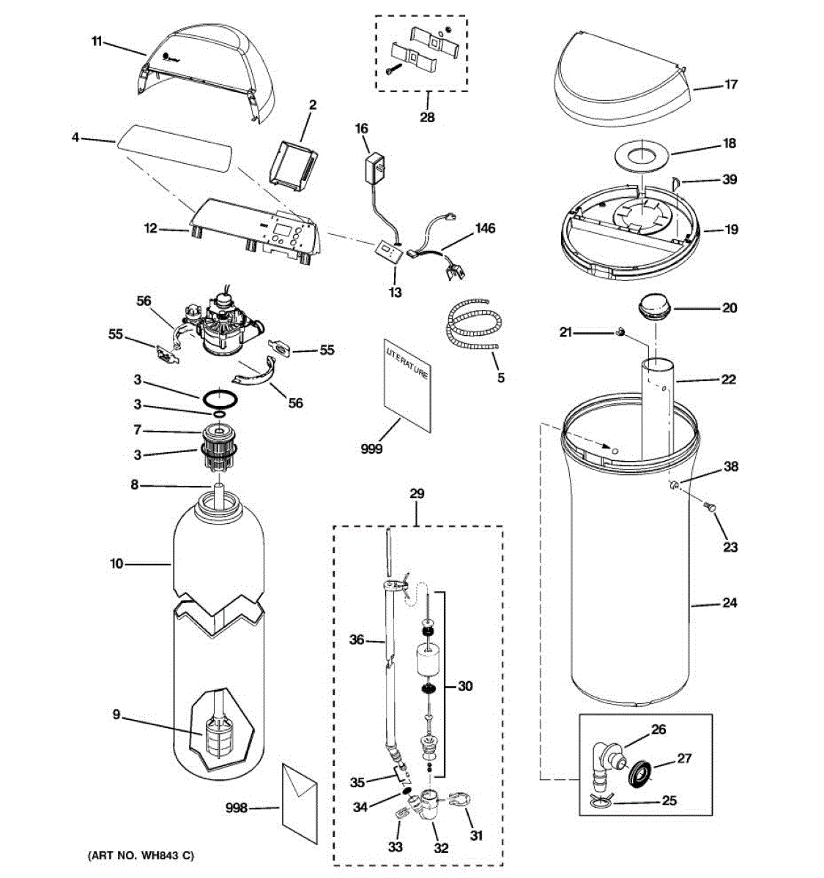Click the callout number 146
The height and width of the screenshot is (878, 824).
click(485, 228)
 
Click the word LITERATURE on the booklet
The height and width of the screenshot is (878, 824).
click(407, 363)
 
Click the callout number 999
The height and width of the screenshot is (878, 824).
click(371, 449)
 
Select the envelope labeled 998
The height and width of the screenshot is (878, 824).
click(300, 802)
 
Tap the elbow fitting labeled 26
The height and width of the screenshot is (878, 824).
click(606, 762)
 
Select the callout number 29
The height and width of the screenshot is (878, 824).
click(417, 494)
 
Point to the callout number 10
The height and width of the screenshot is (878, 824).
click(116, 563)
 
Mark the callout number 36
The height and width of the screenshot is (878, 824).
click(357, 640)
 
